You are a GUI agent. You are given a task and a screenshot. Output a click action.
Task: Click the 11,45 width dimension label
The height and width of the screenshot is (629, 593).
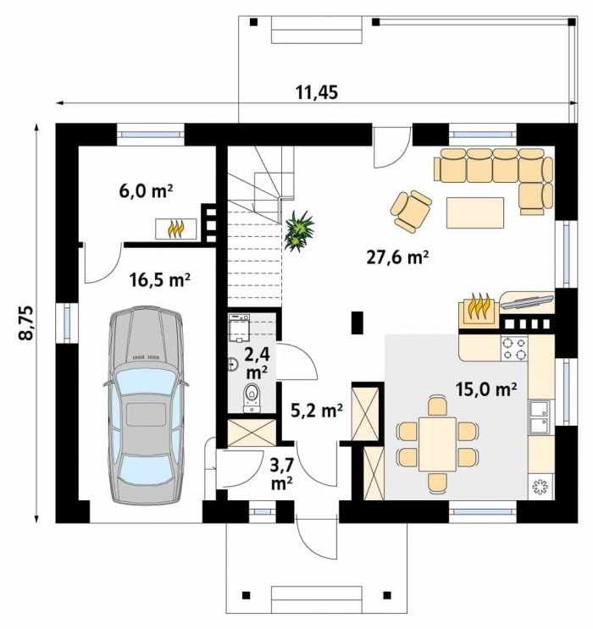pos(317,92)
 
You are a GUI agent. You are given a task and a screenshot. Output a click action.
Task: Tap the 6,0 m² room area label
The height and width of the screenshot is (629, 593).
pos(146,191)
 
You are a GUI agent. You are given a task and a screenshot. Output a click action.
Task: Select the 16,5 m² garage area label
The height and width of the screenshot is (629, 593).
pos(159,280)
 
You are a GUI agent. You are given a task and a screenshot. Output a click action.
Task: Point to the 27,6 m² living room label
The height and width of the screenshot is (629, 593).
pos(397,257)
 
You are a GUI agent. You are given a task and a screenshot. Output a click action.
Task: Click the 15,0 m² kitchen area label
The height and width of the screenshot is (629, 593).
pos(485,389)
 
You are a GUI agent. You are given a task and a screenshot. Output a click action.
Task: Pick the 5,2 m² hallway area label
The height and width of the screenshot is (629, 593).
pos(317,410)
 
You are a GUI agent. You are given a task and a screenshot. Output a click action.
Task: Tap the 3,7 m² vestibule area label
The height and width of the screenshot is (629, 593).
pos(281,475)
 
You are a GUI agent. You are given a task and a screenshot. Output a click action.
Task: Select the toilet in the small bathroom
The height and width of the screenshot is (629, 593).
pos(252,398)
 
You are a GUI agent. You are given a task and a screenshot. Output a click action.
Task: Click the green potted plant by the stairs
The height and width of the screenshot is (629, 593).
pos(299,231)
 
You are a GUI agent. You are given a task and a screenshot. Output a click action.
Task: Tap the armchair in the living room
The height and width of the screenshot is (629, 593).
pos(411,211)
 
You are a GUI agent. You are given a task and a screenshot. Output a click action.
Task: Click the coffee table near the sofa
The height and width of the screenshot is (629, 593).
pos(475,212)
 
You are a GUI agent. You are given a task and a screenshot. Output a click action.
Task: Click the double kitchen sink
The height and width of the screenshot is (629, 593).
pos(540,417)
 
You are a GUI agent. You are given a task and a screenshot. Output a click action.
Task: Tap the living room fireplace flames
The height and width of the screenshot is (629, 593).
pos(479,306)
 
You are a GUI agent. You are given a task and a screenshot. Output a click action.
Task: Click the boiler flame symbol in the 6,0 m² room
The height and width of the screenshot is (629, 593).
pos(176,229)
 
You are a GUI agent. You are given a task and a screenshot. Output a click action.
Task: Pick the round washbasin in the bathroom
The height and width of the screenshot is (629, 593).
pos(233,364)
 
